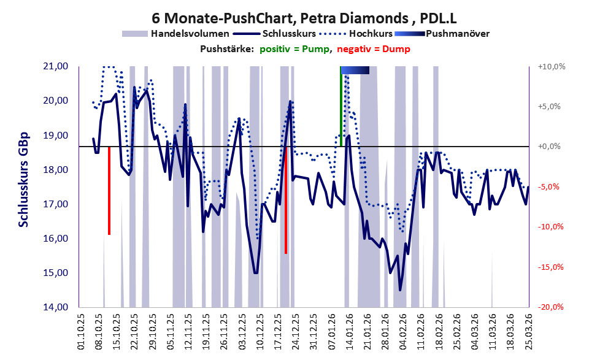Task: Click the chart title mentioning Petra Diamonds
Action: point(304,13)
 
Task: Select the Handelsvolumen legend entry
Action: point(175,33)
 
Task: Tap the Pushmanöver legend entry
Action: point(456,33)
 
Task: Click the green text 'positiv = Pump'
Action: point(294,48)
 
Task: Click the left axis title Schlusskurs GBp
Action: point(23,179)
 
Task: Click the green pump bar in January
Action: point(341,107)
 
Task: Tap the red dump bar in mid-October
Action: point(109,190)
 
